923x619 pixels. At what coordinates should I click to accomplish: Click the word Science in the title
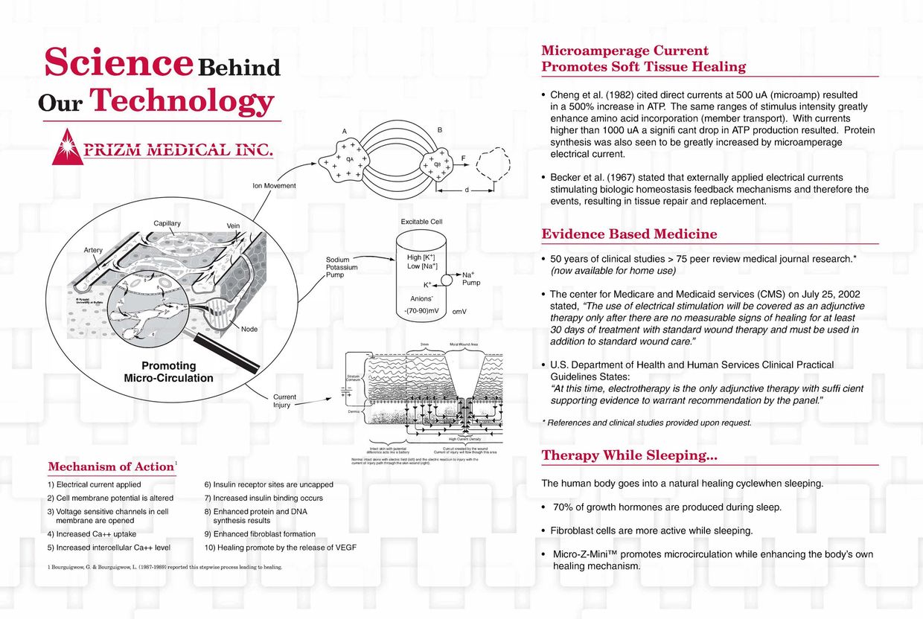118,62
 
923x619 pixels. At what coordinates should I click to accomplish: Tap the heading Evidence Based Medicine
629,234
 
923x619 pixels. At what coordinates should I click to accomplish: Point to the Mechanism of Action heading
111,467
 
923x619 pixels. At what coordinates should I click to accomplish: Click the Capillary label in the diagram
167,223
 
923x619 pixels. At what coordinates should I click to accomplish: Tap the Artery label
93,250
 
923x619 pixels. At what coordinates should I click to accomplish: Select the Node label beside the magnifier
249,329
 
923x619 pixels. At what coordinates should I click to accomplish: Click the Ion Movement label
275,185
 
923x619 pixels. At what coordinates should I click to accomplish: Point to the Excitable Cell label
421,222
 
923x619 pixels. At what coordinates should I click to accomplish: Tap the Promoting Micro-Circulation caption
168,372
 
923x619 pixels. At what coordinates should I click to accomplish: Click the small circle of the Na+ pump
447,280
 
